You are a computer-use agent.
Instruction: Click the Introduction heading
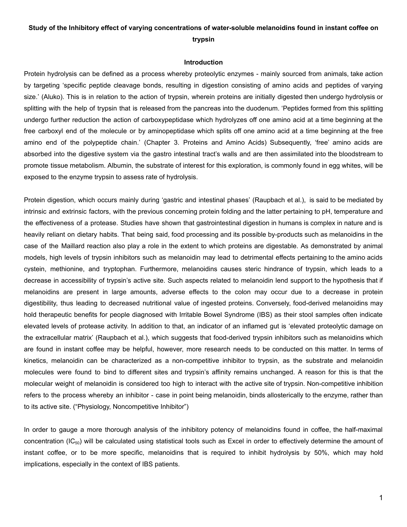click(203, 62)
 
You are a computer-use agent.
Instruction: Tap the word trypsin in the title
click(203, 40)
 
